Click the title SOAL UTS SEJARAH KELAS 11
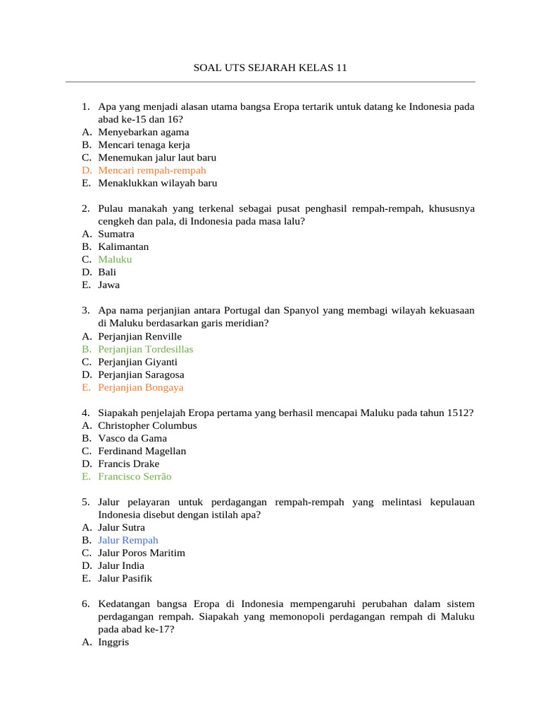(x=270, y=68)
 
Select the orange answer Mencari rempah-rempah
(x=151, y=170)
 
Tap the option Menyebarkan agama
(x=143, y=132)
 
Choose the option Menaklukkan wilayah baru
(x=157, y=183)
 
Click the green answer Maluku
(x=115, y=260)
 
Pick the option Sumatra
(x=116, y=234)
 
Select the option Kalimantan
(x=123, y=247)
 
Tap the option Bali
(x=107, y=272)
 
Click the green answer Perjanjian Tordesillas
(x=145, y=349)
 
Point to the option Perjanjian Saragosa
(x=141, y=375)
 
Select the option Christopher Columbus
(x=147, y=426)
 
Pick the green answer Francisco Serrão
(x=135, y=477)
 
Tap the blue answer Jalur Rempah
(x=128, y=541)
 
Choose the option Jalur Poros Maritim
(x=142, y=553)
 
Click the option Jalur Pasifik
(x=125, y=579)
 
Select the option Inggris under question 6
(x=113, y=643)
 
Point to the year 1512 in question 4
(x=457, y=413)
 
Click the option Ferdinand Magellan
(x=142, y=451)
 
